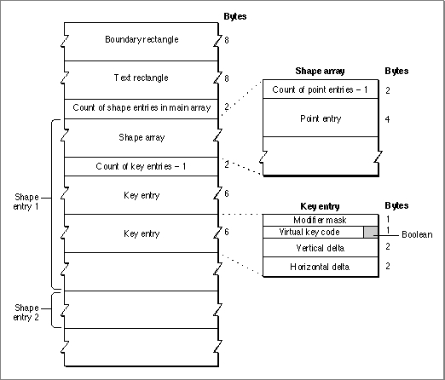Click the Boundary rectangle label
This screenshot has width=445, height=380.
tap(142, 39)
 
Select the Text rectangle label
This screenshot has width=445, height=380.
tap(142, 78)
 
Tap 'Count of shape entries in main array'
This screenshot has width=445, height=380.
tap(142, 107)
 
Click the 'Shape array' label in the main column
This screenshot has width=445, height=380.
tap(142, 137)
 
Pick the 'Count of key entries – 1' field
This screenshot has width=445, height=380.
tap(141, 166)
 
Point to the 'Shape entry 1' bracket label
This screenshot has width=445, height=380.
tap(26, 202)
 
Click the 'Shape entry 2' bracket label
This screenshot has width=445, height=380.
tap(26, 313)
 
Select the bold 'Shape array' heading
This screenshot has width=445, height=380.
tap(320, 71)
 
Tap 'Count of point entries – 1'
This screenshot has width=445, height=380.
tap(320, 89)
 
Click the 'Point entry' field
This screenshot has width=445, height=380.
tap(321, 118)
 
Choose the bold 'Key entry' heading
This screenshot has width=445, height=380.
tap(320, 206)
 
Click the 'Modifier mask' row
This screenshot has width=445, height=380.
tap(320, 220)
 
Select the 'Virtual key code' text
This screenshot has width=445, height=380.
tap(309, 232)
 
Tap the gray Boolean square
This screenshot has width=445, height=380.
tap(371, 233)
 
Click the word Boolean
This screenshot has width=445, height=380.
tap(417, 234)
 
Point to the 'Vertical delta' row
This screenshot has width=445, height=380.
tap(320, 248)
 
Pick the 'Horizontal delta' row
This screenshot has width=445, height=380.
tap(320, 267)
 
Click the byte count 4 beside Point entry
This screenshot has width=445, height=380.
tap(387, 119)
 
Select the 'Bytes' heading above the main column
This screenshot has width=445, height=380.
tap(235, 16)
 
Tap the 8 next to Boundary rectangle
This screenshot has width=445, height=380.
tap(227, 40)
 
